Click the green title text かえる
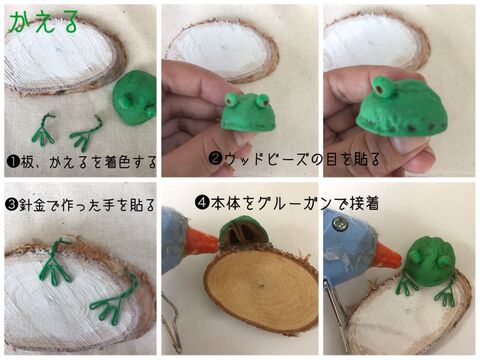pyautogui.click(x=44, y=22)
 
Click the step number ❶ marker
pyautogui.click(x=13, y=161)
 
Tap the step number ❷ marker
pyautogui.click(x=216, y=158)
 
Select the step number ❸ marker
pyautogui.click(x=12, y=204)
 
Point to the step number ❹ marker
pyautogui.click(x=202, y=202)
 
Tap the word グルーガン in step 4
pyautogui.click(x=295, y=203)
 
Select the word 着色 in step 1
pyautogui.click(x=117, y=162)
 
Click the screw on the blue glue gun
pyautogui.click(x=340, y=223)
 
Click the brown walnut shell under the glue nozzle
pyautogui.click(x=243, y=234)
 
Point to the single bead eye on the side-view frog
pyautogui.click(x=381, y=88)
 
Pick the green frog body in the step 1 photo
pyautogui.click(x=135, y=97)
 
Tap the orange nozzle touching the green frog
pyautogui.click(x=388, y=257)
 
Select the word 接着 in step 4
pyautogui.click(x=365, y=203)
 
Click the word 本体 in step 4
pyautogui.click(x=225, y=203)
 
